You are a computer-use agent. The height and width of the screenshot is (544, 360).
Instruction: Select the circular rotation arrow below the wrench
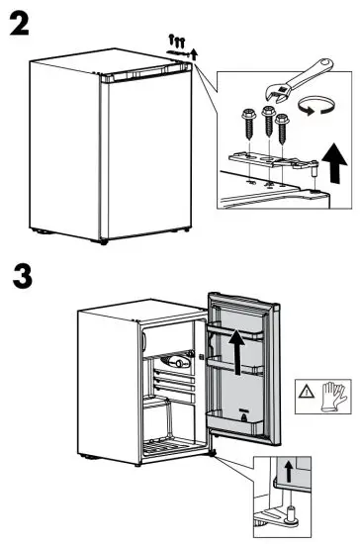313,112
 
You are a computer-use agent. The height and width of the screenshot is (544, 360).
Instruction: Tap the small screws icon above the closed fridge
179,40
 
